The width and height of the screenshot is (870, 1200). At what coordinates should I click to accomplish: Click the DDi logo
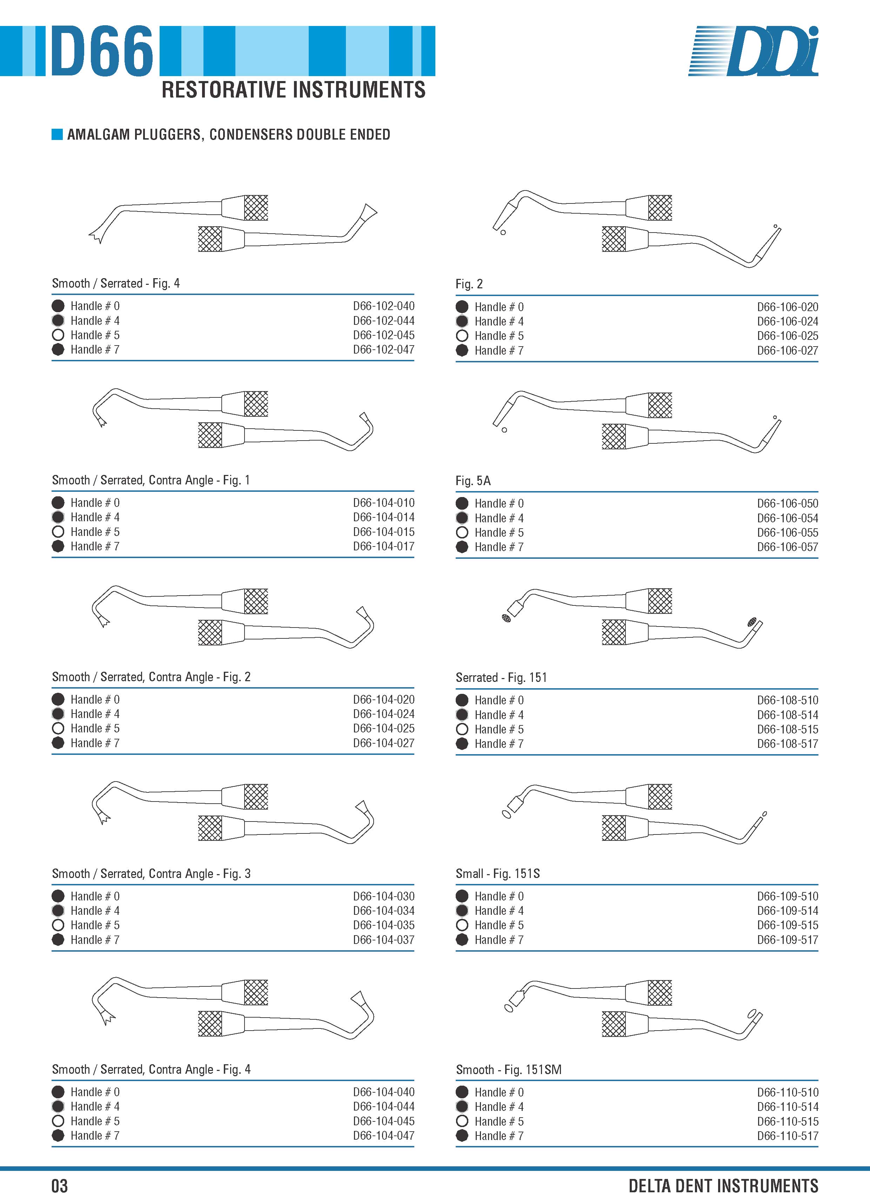point(753,51)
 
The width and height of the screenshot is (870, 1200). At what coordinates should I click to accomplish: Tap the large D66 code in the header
point(102,51)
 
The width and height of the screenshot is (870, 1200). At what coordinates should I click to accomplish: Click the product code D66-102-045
point(384,335)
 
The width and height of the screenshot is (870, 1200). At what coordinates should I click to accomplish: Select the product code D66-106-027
point(788,350)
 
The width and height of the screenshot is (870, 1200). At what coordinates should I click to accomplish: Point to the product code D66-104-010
point(384,503)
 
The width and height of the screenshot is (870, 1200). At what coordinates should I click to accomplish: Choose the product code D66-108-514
point(788,715)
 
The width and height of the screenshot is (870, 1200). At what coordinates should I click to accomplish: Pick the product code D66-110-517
point(788,1136)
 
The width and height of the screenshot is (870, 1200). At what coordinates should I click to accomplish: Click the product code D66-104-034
point(384,911)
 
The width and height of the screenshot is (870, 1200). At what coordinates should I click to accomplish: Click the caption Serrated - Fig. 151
point(501,678)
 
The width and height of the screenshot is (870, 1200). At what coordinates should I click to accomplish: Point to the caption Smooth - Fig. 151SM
point(509,1070)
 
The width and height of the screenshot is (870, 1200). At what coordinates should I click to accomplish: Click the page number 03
point(59,1186)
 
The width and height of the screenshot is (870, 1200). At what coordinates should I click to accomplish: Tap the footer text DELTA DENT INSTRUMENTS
point(723,1186)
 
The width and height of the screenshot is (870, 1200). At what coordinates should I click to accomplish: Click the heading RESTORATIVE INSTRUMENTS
point(294,90)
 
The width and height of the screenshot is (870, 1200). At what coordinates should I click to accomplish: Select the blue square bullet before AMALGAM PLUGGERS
point(57,134)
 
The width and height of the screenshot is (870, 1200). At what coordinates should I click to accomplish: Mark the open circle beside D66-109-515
point(462,925)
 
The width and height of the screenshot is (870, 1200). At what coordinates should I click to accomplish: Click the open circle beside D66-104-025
point(58,728)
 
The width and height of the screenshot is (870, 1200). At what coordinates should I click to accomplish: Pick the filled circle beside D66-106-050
point(462,503)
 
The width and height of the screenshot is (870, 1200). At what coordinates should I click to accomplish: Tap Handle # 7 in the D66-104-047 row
point(95,1135)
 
